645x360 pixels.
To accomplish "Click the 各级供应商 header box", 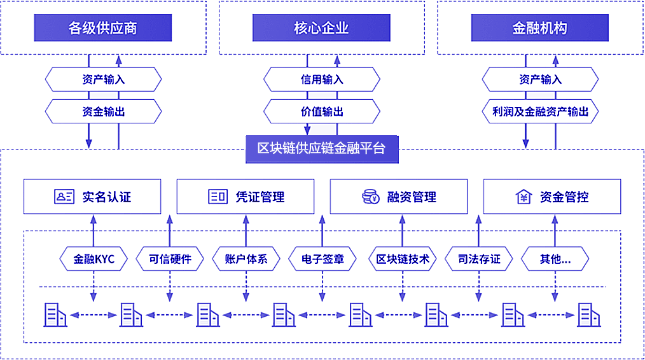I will coord(103,29).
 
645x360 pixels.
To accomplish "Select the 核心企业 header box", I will coord(321,29).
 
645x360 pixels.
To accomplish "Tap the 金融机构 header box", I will coord(539,29).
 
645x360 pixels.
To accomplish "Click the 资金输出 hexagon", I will coord(103,112).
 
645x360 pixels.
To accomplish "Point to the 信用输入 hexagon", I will coord(322,80).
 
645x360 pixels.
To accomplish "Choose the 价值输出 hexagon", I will coord(322,112).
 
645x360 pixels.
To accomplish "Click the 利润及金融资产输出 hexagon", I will coord(540,112).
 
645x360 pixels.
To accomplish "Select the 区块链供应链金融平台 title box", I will coord(321,149).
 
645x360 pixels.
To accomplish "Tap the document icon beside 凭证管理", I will coord(218,197).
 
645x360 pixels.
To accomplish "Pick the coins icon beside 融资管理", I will coord(370,197).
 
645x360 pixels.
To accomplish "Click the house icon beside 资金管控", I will coord(523,197).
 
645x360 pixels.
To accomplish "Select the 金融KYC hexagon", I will coord(94,259).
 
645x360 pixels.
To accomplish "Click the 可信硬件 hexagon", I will coord(170,259).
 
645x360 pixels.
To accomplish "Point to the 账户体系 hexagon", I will coord(246,259).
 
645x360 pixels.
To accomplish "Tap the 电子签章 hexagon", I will coord(322,259).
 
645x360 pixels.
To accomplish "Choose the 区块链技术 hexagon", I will coord(403,259).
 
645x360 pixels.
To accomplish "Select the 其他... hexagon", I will coord(555,259).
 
